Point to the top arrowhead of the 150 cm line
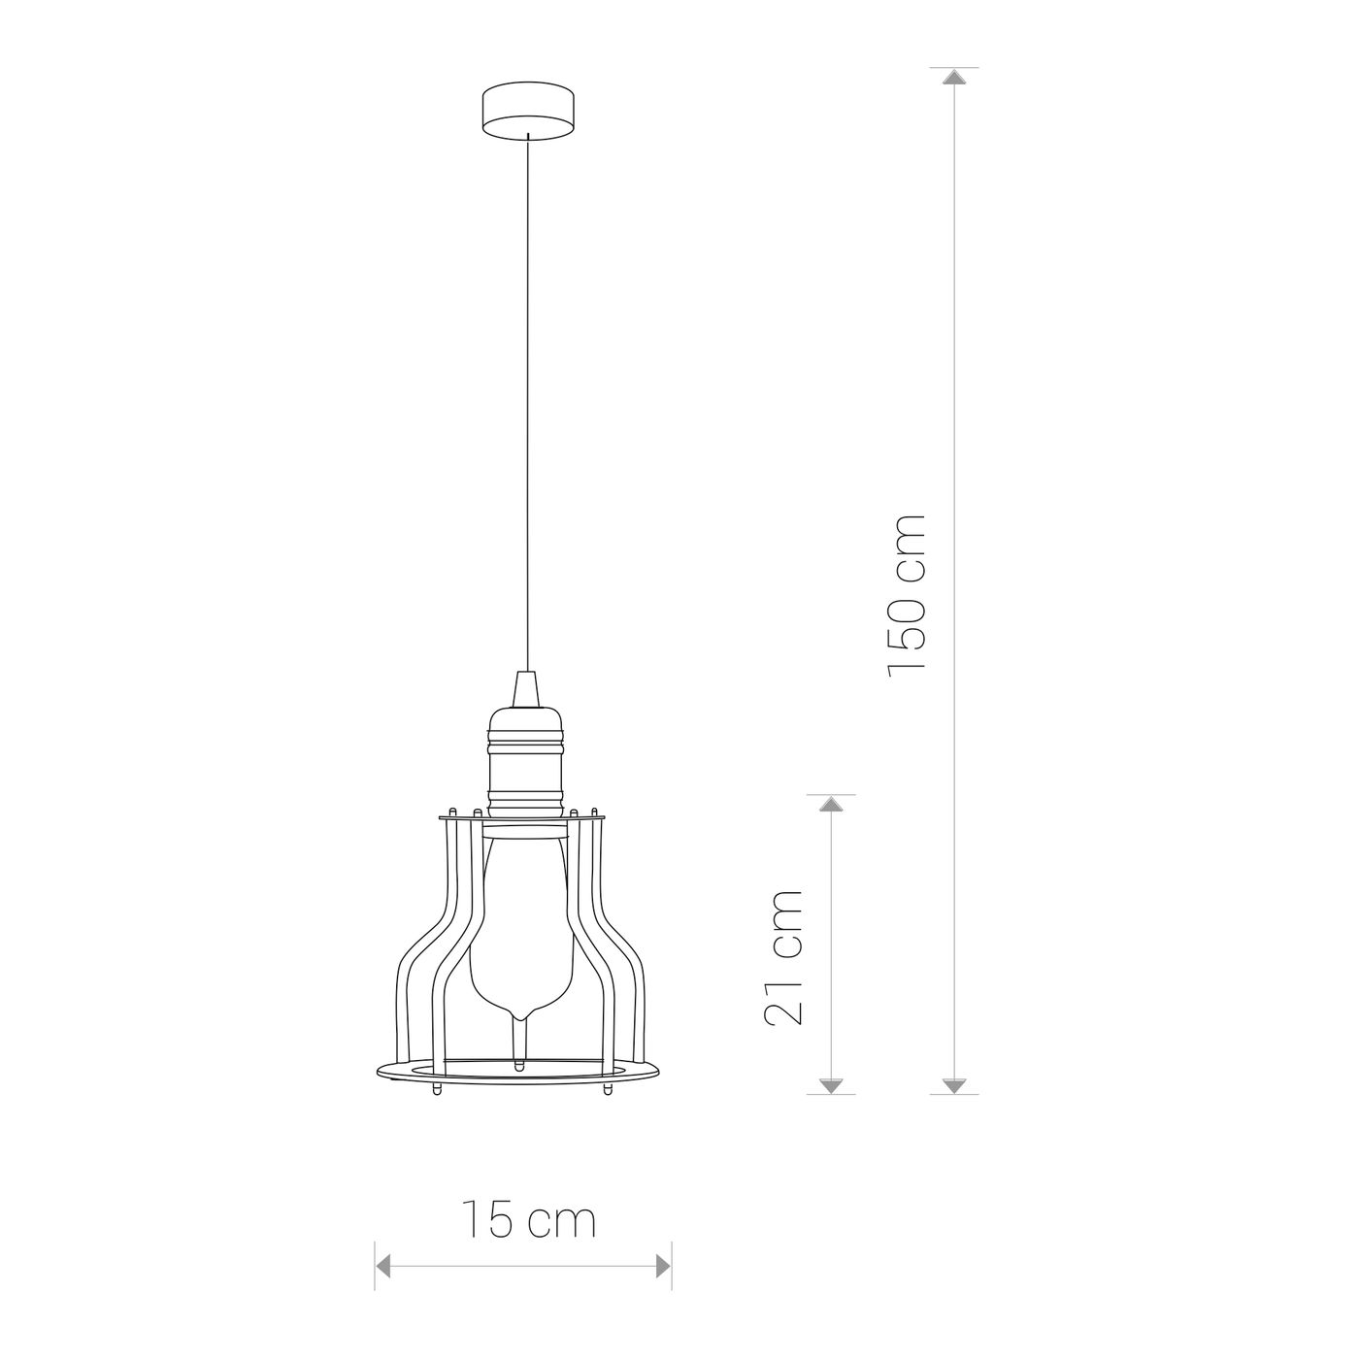tap(955, 78)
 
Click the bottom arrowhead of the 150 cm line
tap(955, 1085)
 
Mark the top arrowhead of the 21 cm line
tap(831, 805)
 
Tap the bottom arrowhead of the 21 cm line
tap(831, 1085)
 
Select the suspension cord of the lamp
tap(526, 388)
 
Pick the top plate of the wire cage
tap(521, 818)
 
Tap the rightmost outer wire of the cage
tap(640, 1000)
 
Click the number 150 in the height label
tap(908, 631)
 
